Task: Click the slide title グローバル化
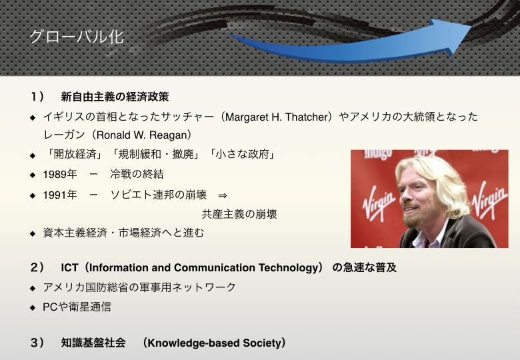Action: point(77,37)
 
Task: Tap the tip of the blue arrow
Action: point(471,26)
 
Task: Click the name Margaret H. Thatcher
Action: point(276,117)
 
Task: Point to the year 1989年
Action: point(60,175)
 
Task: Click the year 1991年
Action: point(60,195)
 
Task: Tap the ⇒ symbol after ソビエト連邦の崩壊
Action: point(223,195)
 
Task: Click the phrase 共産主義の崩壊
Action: point(239,214)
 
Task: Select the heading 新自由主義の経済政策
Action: point(115,97)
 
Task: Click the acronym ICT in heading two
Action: point(69,267)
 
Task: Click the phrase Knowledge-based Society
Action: point(214,343)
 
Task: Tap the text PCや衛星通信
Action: point(77,307)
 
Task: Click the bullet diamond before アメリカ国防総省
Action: point(33,289)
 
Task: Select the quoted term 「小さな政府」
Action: point(242,154)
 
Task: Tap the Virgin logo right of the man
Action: point(489,200)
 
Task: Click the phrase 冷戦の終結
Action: point(137,175)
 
